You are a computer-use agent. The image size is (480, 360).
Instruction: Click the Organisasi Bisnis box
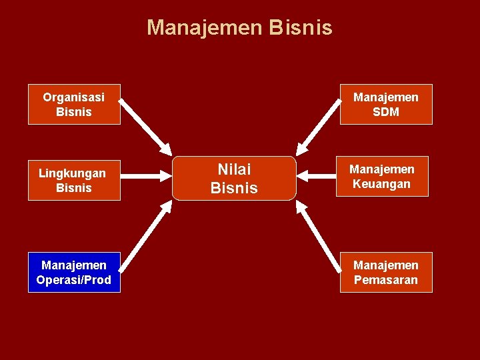click(74, 105)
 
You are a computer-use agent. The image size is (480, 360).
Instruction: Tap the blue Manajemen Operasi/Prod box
click(74, 273)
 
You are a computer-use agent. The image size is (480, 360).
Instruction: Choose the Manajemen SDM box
click(386, 105)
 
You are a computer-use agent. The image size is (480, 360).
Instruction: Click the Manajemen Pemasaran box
click(386, 273)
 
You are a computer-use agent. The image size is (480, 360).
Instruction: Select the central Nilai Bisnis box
click(234, 179)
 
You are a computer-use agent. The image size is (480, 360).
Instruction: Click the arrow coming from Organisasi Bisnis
click(145, 128)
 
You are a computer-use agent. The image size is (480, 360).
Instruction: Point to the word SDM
click(386, 112)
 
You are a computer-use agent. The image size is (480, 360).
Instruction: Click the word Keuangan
click(382, 183)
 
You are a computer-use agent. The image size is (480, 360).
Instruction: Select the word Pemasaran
click(386, 280)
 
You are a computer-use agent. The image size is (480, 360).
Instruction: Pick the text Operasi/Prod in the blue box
click(74, 280)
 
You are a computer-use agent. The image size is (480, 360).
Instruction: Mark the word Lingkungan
click(72, 173)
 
